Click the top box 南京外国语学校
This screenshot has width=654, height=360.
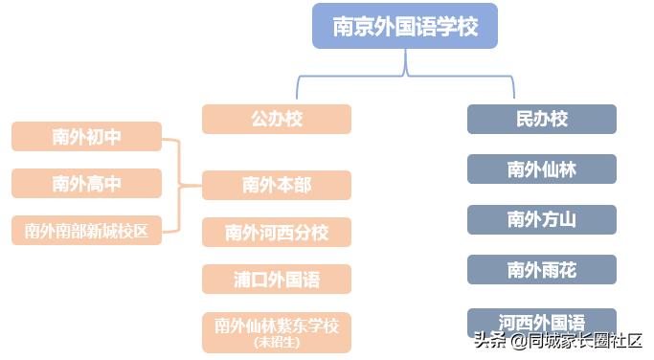click(404, 26)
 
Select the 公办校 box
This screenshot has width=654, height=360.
click(276, 120)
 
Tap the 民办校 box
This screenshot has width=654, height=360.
click(541, 120)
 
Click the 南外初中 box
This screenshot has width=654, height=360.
click(86, 137)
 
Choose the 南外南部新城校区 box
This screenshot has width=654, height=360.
click(86, 231)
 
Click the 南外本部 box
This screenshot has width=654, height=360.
click(276, 185)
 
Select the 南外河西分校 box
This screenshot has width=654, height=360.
click(276, 232)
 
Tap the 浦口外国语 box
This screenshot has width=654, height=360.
click(276, 280)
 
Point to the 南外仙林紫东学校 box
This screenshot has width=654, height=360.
click(276, 326)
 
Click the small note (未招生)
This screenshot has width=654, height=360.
click(277, 342)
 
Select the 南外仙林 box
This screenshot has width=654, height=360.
click(541, 169)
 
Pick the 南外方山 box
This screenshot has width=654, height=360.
click(541, 219)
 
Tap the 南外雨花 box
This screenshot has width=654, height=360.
click(541, 270)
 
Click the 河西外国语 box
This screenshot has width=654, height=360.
click(541, 320)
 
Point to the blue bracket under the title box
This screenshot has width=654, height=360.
click(405, 72)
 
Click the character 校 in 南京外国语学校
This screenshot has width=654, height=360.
click(467, 27)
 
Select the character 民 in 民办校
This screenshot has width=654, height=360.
click(524, 120)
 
